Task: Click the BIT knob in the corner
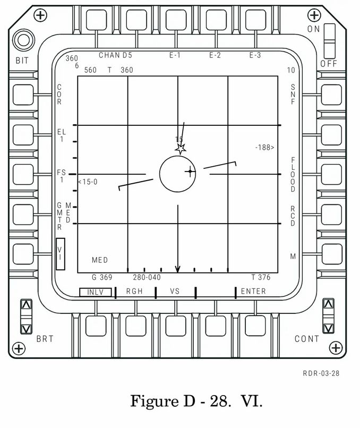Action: pos(23,40)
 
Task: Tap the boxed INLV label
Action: pos(95,292)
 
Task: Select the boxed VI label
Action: pos(61,254)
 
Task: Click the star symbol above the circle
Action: pos(181,149)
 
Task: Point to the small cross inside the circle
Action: pos(190,172)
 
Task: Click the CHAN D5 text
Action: pos(115,55)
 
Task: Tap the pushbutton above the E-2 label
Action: pos(216,20)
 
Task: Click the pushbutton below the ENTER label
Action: pos(255,326)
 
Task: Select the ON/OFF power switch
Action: pos(330,41)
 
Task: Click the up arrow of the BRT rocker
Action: pos(27,305)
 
